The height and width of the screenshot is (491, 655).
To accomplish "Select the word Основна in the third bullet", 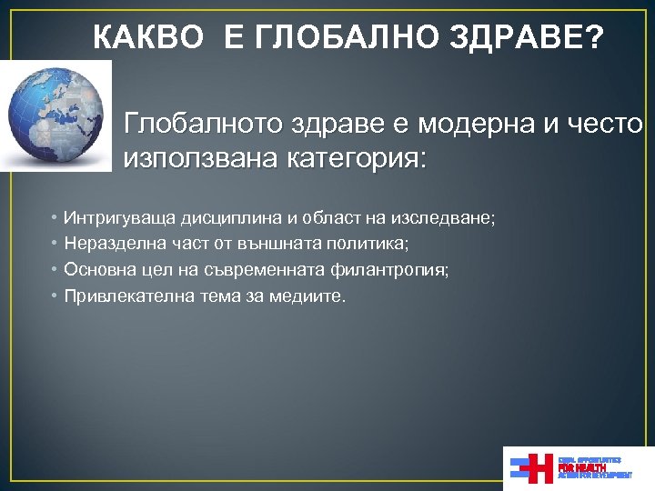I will [96, 270].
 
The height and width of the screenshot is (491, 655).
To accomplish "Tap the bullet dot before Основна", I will [55, 271].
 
